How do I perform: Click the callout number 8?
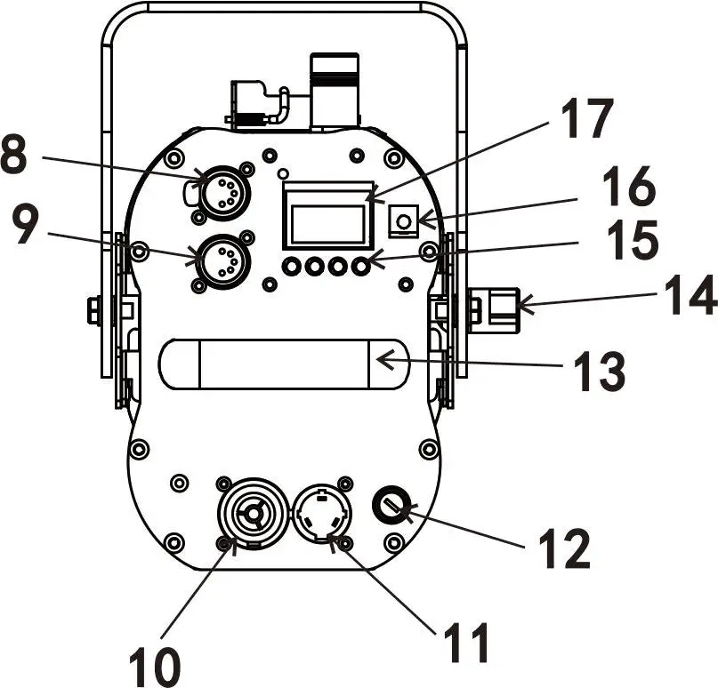[x=16, y=156]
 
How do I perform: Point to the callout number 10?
[x=153, y=663]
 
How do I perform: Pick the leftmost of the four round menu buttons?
[x=290, y=266]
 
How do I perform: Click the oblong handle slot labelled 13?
[x=283, y=364]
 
